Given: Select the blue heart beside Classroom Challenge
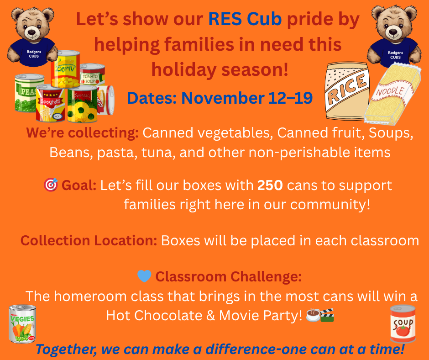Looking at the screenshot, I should click(x=144, y=276).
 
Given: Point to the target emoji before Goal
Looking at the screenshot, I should click(x=50, y=185).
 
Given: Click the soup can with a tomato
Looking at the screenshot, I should click(x=403, y=324).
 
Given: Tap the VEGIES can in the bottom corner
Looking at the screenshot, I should click(x=23, y=324).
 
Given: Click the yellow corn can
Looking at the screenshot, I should click(x=66, y=69).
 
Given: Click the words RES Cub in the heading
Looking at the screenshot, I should click(x=245, y=20).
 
